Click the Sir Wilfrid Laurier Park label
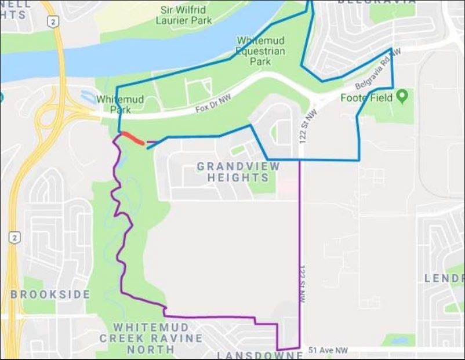(x=184, y=14)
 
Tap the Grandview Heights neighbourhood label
(x=238, y=172)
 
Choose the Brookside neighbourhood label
(x=50, y=294)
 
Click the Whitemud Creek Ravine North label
(x=150, y=338)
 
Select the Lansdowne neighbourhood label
(x=259, y=354)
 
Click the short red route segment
(x=133, y=138)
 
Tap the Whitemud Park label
(x=120, y=104)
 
